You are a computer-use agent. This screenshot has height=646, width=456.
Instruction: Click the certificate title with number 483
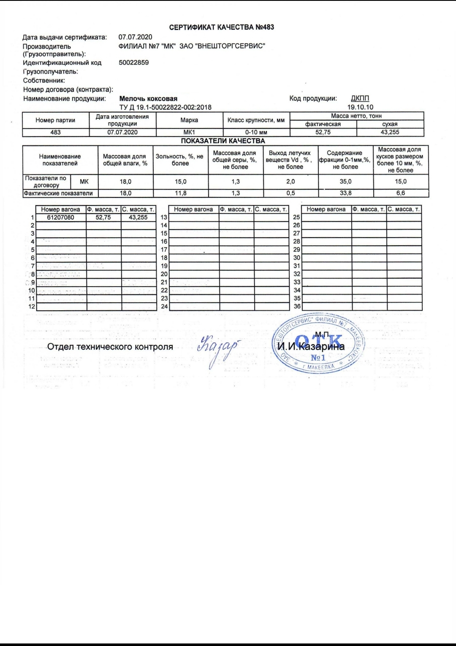click(x=221, y=27)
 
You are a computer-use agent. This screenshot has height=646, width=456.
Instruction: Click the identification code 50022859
click(x=134, y=63)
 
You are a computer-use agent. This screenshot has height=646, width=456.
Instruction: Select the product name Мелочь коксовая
click(x=148, y=99)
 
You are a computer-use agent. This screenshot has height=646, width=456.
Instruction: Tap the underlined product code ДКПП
click(x=360, y=99)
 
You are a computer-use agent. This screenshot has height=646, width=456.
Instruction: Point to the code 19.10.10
click(x=360, y=107)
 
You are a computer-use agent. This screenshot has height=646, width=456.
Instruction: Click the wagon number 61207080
click(x=61, y=217)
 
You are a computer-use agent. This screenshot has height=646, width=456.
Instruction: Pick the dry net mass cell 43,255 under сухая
click(x=390, y=132)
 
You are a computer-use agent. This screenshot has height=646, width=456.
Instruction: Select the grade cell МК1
click(x=189, y=132)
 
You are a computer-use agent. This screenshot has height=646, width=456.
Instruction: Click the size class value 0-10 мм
click(x=256, y=132)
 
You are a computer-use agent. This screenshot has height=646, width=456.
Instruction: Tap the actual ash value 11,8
click(x=181, y=193)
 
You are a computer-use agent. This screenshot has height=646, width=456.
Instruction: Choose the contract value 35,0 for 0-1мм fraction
click(x=345, y=181)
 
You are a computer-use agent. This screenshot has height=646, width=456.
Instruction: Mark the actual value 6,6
click(x=400, y=193)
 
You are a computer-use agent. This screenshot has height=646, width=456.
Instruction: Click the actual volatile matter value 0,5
click(x=290, y=193)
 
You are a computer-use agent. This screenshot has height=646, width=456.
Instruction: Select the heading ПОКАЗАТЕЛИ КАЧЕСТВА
click(x=223, y=141)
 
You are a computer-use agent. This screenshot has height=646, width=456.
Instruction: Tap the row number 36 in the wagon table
click(x=297, y=307)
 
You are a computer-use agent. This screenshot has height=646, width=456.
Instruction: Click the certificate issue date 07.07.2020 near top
click(x=135, y=37)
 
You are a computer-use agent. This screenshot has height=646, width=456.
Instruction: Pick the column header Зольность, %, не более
click(x=180, y=160)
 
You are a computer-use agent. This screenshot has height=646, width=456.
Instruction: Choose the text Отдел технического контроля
click(x=110, y=347)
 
